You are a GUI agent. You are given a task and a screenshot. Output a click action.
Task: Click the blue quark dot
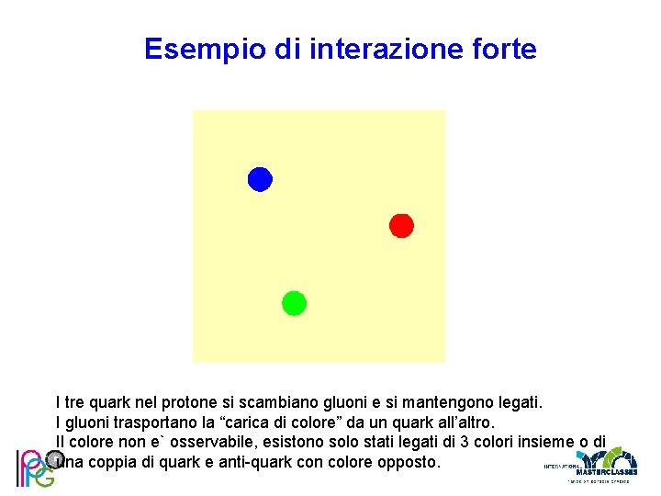[260, 179]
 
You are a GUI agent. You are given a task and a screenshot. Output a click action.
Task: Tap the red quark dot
[401, 225]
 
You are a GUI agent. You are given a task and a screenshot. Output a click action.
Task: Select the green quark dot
[294, 303]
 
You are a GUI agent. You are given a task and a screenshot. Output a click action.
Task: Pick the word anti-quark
[249, 461]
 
